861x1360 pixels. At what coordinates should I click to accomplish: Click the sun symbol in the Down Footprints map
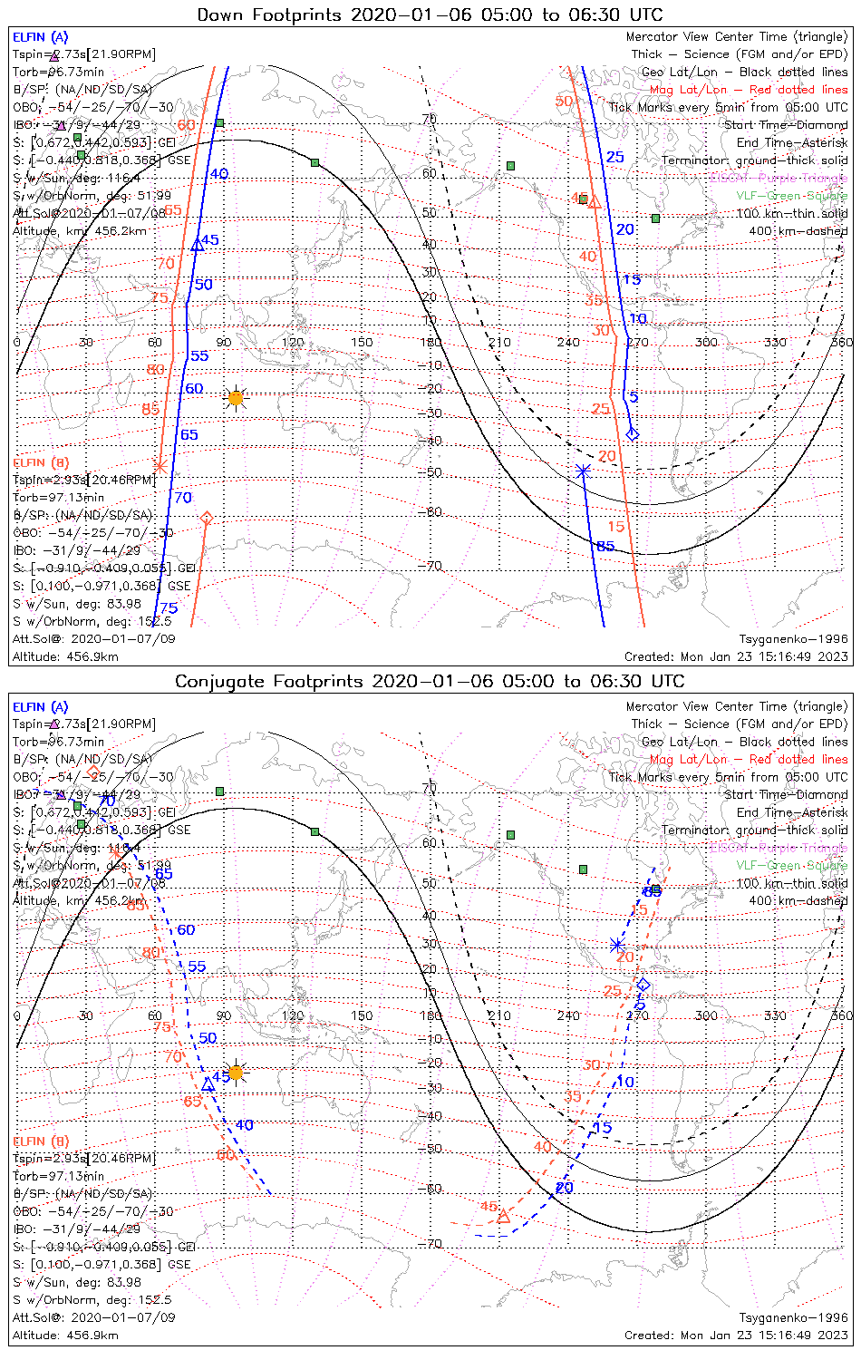coord(236,397)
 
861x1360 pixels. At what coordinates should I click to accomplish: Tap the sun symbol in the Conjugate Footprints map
coord(236,1073)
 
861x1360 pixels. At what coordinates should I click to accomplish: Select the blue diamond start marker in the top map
coord(633,434)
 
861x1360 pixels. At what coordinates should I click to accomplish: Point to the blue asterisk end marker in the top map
coord(583,470)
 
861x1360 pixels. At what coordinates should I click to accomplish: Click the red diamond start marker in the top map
coord(207,518)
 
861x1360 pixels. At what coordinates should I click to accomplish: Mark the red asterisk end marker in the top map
coord(160,466)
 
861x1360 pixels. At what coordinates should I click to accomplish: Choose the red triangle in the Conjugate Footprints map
coord(504,1216)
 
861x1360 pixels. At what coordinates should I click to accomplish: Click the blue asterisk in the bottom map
coord(616,945)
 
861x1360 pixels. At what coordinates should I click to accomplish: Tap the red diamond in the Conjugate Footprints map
coord(92,772)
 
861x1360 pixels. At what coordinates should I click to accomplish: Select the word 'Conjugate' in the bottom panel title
coord(218,681)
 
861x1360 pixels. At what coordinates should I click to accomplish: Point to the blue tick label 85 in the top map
coord(605,546)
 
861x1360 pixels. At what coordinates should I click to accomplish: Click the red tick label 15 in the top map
coord(616,526)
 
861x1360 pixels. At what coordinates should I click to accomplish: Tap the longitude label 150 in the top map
coord(362,342)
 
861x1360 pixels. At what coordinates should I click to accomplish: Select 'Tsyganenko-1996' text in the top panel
coord(793,639)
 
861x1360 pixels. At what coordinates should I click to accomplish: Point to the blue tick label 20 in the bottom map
coord(565,1188)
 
